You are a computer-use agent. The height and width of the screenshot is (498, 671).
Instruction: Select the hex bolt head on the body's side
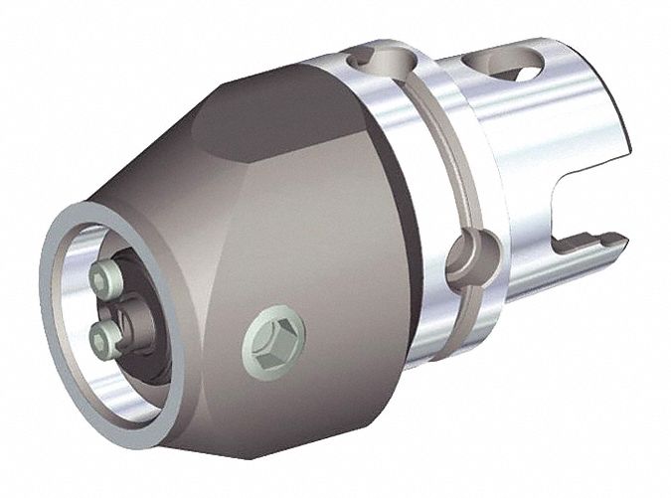(x=273, y=335)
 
